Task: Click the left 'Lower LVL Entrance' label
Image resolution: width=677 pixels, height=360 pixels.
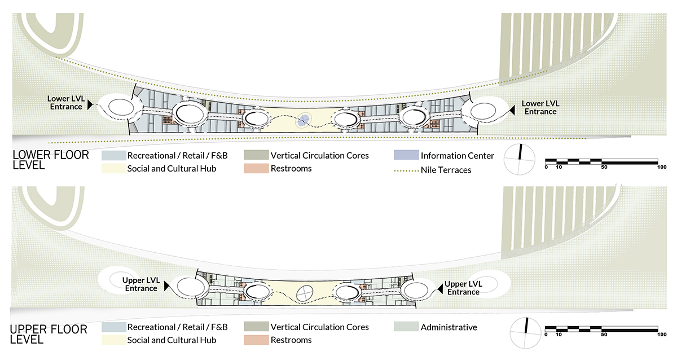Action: point(66,102)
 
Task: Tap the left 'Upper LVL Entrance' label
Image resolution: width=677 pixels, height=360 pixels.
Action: point(141,284)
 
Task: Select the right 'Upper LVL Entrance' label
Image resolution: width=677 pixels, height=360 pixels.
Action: point(463,288)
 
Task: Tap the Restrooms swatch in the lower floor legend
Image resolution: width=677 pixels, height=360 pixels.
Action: point(255,168)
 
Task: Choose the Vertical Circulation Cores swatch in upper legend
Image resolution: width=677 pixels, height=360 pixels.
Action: point(255,327)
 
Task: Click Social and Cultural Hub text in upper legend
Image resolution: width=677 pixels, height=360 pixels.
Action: point(172,340)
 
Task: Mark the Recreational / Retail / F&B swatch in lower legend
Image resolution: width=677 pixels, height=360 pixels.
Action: point(113,155)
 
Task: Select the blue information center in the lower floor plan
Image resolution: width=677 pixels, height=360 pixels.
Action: point(304,119)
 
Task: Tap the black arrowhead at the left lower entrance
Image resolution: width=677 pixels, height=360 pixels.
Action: point(90,106)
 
